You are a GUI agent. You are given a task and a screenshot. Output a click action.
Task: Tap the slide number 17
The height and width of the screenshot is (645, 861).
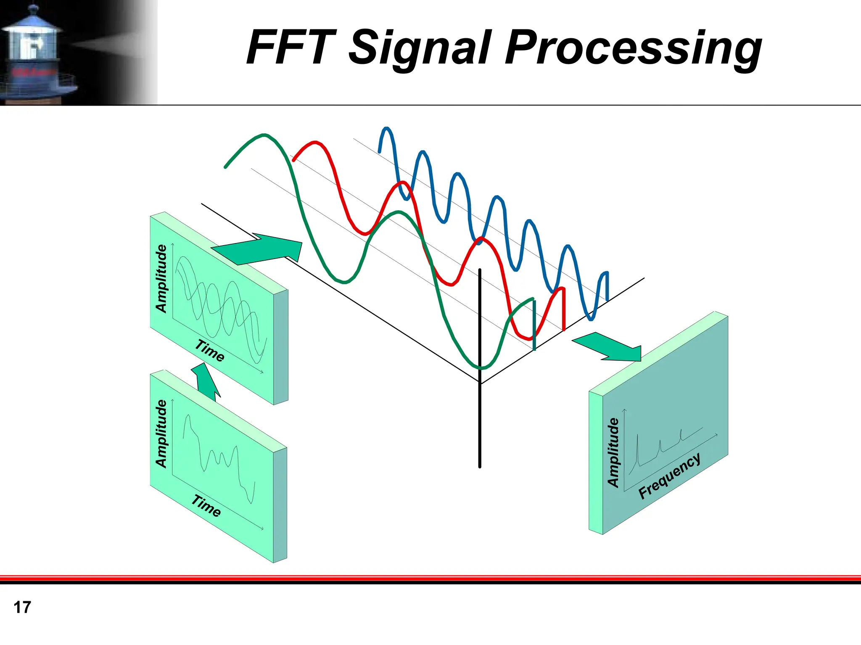22,607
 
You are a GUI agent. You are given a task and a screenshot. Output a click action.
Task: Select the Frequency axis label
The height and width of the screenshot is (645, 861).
669,476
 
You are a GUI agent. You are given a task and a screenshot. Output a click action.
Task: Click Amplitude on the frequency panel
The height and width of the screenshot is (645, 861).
613,452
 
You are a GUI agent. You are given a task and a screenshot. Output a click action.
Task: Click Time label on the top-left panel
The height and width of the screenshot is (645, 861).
209,350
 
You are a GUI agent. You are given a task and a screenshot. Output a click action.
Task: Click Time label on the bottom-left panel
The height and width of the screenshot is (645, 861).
206,505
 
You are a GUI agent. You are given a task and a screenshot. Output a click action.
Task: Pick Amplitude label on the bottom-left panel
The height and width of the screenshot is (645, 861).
161,434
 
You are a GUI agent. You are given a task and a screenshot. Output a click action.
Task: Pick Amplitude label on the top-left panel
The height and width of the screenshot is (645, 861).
161,278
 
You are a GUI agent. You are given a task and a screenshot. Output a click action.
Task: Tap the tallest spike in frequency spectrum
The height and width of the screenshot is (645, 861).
637,441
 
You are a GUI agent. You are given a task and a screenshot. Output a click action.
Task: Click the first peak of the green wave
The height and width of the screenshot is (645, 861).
264,135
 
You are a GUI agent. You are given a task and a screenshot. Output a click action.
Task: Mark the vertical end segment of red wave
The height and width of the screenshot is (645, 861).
563,309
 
